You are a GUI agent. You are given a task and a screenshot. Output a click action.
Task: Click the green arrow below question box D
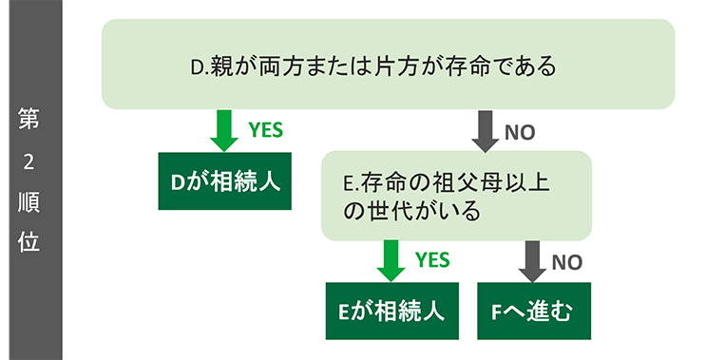click(224, 130)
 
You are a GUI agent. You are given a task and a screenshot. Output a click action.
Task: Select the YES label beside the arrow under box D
click(265, 130)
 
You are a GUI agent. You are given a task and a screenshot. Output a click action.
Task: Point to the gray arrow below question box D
click(486, 131)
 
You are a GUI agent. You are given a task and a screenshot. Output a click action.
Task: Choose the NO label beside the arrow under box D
click(520, 133)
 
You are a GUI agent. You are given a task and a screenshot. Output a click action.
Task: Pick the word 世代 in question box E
click(386, 209)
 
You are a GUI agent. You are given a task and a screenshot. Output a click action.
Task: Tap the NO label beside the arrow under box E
click(567, 261)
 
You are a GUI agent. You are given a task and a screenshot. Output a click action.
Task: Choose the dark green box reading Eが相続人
click(391, 311)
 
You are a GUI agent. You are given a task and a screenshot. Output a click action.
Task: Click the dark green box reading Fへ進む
click(533, 311)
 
